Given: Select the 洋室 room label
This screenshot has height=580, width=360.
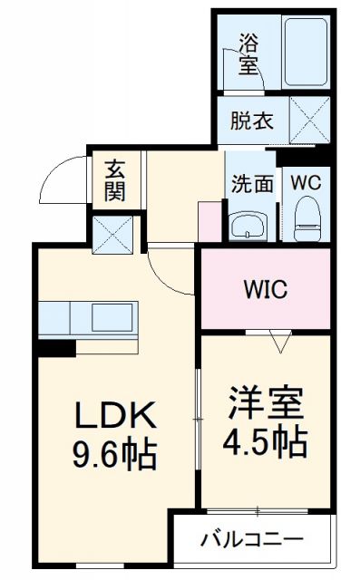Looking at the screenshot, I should pos(265,402).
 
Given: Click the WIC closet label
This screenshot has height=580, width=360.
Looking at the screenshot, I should pos(265,290).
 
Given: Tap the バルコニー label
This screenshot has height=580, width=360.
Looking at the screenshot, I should pos(251,541).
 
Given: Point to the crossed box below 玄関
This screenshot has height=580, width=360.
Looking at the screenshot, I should pos(114,233).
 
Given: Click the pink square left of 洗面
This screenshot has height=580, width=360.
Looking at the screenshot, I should pos(209,220).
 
